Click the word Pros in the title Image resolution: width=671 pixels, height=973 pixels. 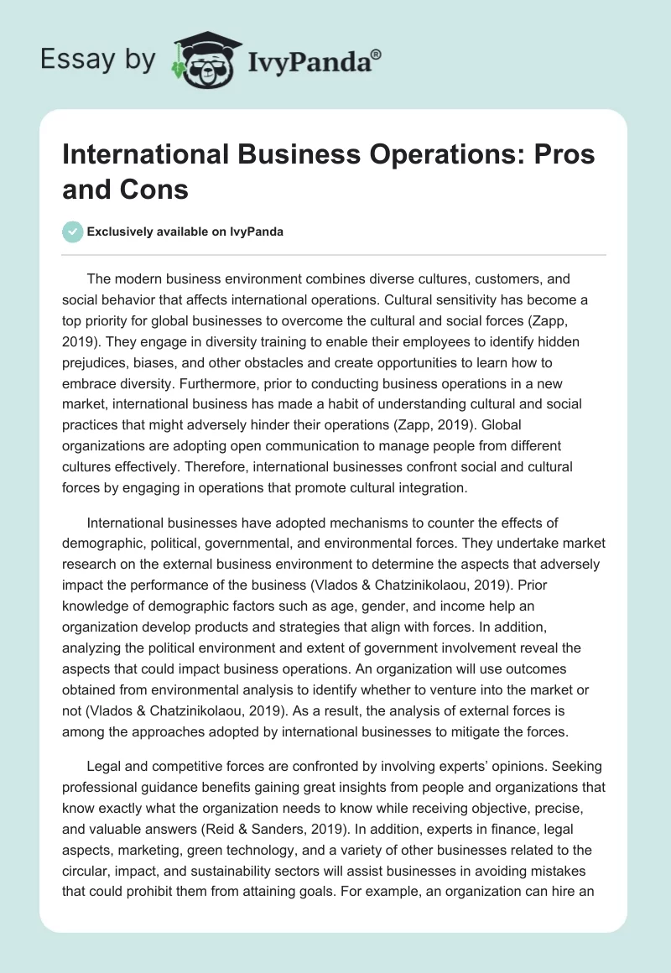click(562, 155)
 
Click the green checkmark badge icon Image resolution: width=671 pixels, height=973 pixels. click(73, 232)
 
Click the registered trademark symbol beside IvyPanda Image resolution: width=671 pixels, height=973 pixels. click(377, 53)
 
